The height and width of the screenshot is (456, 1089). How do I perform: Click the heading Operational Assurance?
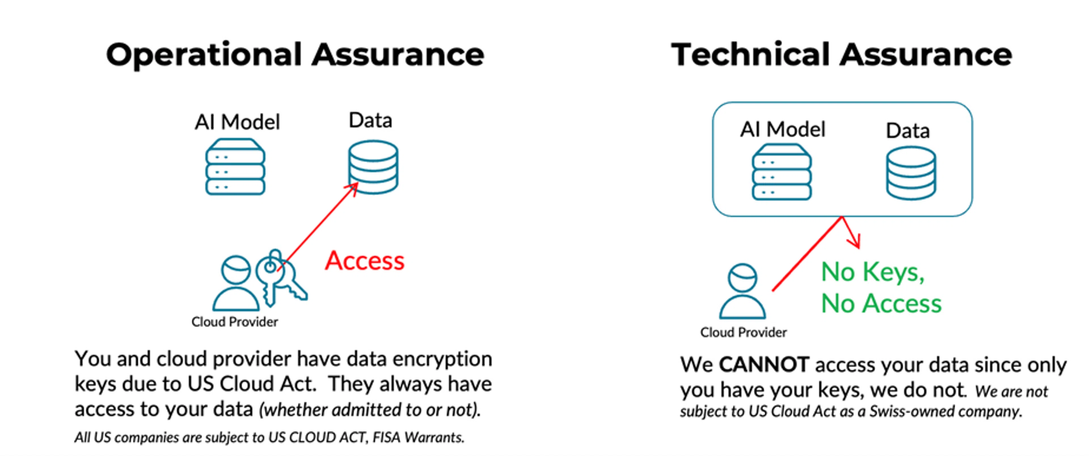295,55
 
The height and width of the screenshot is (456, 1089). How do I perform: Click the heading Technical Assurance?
841,55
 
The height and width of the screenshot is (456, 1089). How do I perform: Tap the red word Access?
364,261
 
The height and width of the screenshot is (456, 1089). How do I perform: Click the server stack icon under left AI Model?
235,167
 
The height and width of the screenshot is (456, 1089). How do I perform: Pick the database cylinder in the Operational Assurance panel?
373,167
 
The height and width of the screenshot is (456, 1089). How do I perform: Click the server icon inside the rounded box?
781,172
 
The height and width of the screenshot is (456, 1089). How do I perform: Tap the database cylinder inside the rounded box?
911,173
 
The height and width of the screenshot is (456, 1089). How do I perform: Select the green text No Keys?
873,272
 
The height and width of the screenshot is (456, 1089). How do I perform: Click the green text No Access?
881,303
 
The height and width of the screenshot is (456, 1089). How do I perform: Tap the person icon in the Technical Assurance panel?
742,292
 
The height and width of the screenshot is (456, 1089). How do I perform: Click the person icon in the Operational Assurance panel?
236,283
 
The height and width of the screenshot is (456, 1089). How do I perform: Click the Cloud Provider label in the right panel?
743,333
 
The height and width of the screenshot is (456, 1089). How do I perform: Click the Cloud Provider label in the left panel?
235,322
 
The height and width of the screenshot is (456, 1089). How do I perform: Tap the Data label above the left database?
370,121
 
